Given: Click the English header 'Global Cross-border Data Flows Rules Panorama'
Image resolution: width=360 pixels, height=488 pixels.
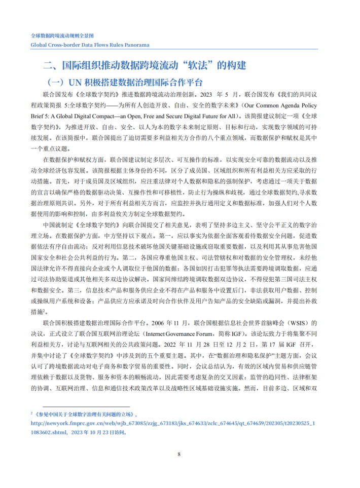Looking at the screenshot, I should point(90,45).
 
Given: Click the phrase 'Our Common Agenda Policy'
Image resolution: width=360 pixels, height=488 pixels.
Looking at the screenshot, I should point(279,105).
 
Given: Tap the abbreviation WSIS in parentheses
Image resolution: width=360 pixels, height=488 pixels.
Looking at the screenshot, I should point(297,322).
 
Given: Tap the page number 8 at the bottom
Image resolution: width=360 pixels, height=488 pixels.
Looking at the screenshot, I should point(179,454).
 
